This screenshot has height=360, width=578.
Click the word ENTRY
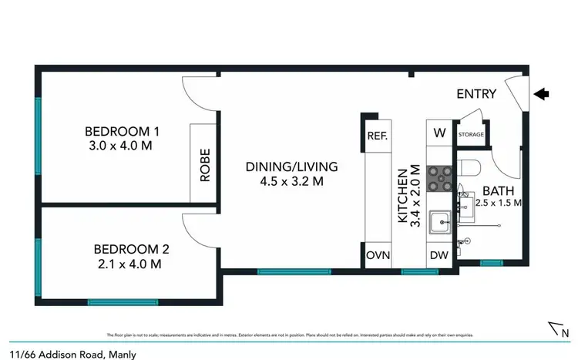click(476, 95)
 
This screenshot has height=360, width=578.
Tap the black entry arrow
click(543, 94)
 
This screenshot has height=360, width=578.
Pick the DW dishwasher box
click(440, 255)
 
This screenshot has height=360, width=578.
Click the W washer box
click(440, 133)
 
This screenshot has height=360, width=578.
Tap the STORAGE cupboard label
click(471, 135)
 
